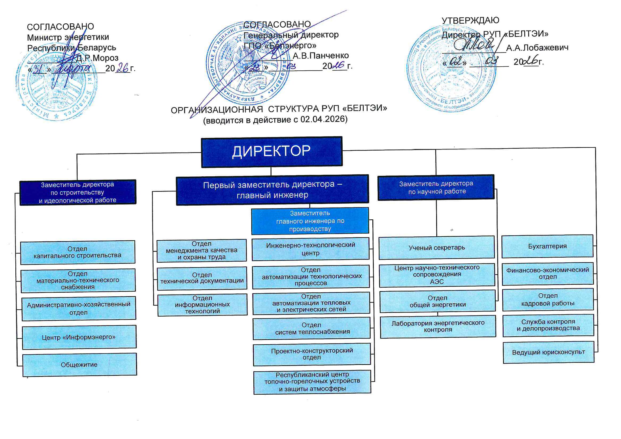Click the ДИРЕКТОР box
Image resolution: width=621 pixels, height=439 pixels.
pyautogui.click(x=271, y=152)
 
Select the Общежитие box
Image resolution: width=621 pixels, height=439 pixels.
pyautogui.click(x=79, y=365)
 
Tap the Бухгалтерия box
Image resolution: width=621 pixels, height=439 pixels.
pyautogui.click(x=547, y=246)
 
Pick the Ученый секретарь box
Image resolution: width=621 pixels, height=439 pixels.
pyautogui.click(x=437, y=248)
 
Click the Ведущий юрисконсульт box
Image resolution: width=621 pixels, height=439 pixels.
pyautogui.click(x=548, y=352)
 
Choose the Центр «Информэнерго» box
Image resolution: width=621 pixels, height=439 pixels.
pyautogui.click(x=79, y=337)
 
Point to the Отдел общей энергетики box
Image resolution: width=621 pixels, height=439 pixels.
pyautogui.click(x=437, y=301)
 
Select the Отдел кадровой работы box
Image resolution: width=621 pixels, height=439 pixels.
pyautogui.click(x=548, y=299)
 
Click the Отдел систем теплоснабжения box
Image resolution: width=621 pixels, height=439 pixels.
pyautogui.click(x=311, y=328)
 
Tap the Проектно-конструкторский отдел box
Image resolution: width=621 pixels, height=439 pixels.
pyautogui.click(x=312, y=354)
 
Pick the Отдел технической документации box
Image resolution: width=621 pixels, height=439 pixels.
pyautogui.click(x=202, y=278)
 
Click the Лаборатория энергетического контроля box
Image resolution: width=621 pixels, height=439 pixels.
pyautogui.click(x=438, y=326)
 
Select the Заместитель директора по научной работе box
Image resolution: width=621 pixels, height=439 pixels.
pyautogui.click(x=436, y=187)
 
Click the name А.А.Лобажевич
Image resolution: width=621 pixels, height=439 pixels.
pyautogui.click(x=537, y=48)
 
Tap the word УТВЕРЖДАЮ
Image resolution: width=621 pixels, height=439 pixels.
pyautogui.click(x=470, y=20)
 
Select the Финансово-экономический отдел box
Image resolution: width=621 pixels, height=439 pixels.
pyautogui.click(x=547, y=273)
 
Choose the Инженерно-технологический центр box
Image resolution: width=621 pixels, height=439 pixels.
pyautogui.click(x=310, y=249)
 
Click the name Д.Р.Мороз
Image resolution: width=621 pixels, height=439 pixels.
pyautogui.click(x=97, y=58)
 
